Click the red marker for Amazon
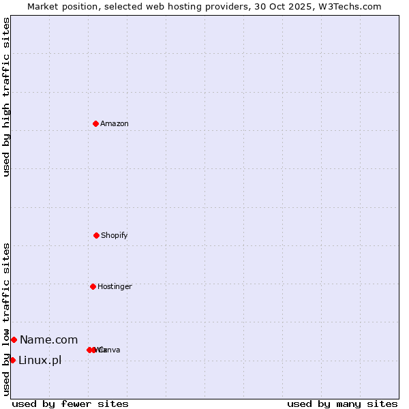(x=95, y=123)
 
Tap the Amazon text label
(x=115, y=124)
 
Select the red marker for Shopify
(x=96, y=235)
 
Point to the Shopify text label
(x=115, y=236)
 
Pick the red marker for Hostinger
(x=93, y=286)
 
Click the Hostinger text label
(x=115, y=287)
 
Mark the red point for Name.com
(x=14, y=339)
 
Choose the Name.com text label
(x=48, y=340)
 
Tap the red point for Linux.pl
(x=12, y=360)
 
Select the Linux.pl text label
(x=40, y=361)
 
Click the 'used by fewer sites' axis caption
(x=70, y=404)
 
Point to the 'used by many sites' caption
(x=342, y=404)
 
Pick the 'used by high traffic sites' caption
(x=6, y=97)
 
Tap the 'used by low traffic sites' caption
(x=6, y=319)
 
